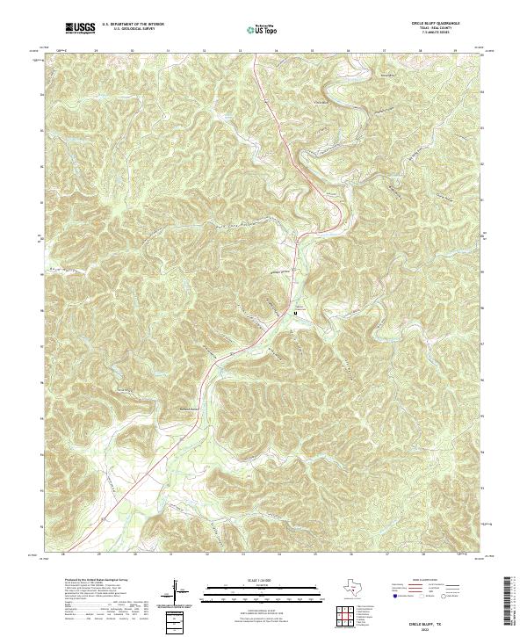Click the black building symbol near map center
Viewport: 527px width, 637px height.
[295, 312]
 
